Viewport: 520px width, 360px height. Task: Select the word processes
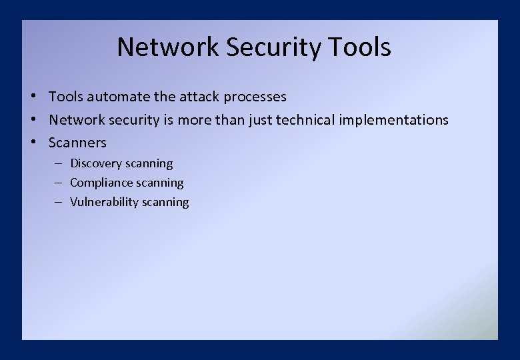(x=255, y=97)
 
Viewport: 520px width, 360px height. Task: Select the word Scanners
(x=77, y=143)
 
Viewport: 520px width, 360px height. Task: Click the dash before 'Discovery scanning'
(x=59, y=163)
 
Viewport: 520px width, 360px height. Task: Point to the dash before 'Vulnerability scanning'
(x=59, y=202)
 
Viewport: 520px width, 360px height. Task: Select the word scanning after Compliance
(x=159, y=183)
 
